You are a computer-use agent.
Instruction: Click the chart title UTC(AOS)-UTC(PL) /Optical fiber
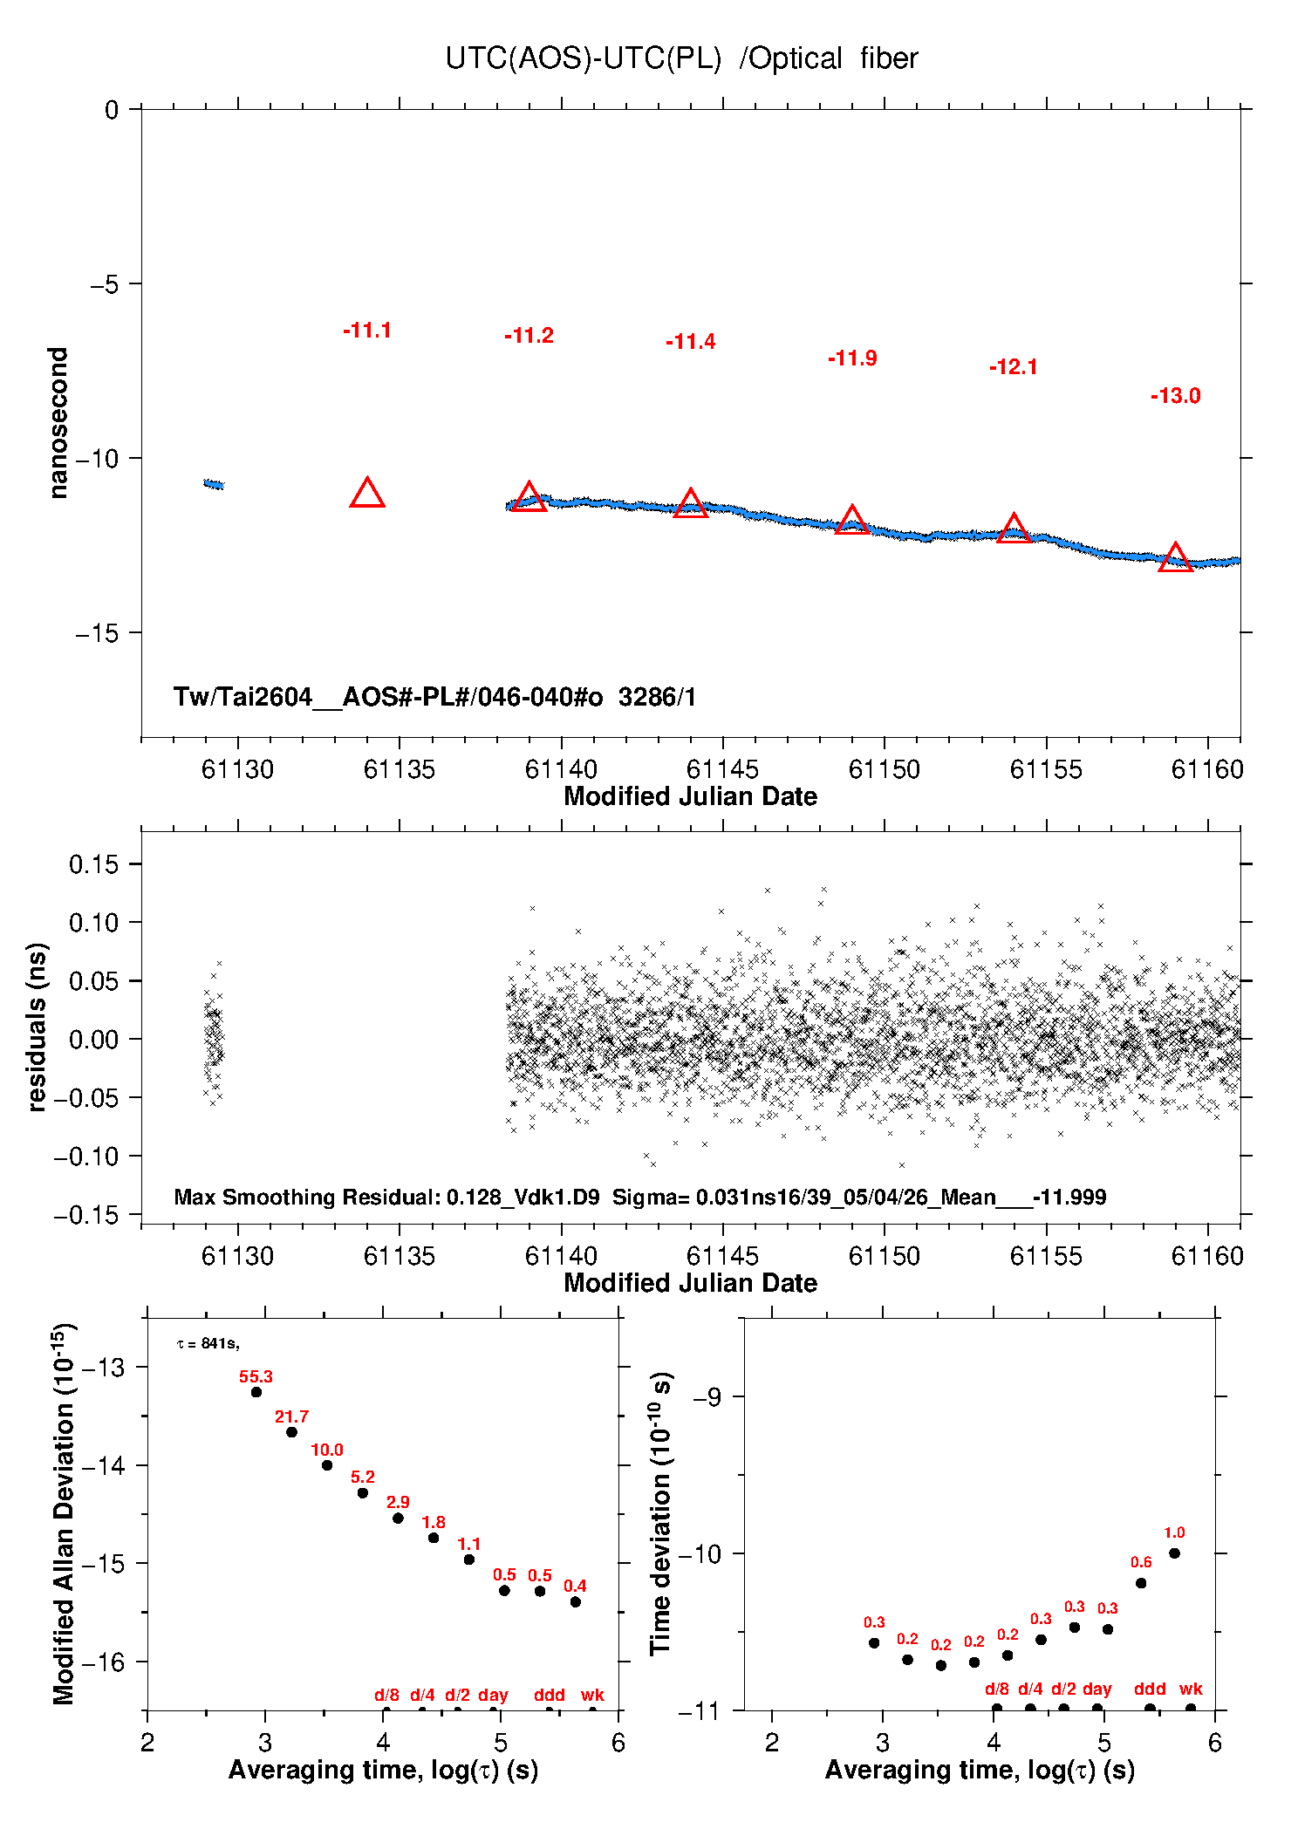[681, 58]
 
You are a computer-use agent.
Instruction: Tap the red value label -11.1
[367, 331]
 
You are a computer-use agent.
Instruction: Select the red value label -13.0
[1175, 396]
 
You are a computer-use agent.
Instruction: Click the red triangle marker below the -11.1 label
[367, 494]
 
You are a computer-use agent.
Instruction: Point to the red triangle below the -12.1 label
[1014, 529]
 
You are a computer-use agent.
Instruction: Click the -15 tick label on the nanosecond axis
[97, 633]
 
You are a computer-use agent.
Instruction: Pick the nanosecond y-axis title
[58, 423]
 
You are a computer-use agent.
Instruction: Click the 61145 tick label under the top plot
[722, 769]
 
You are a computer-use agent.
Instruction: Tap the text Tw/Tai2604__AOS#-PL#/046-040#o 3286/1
[434, 697]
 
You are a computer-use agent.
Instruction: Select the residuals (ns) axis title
[36, 1027]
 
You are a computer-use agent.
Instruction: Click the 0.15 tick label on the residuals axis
[93, 864]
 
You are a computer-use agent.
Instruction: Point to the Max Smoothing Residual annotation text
[640, 1197]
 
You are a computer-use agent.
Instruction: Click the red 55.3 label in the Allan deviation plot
[256, 1376]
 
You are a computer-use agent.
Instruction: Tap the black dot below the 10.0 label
[327, 1465]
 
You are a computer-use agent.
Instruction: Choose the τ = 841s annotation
[208, 1344]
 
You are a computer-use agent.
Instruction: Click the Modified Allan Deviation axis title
[65, 1513]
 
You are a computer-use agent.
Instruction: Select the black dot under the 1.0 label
[1174, 1553]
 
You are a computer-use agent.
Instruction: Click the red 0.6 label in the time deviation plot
[1141, 1562]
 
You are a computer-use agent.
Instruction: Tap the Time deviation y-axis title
[661, 1514]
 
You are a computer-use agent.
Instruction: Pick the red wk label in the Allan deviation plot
[592, 1695]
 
